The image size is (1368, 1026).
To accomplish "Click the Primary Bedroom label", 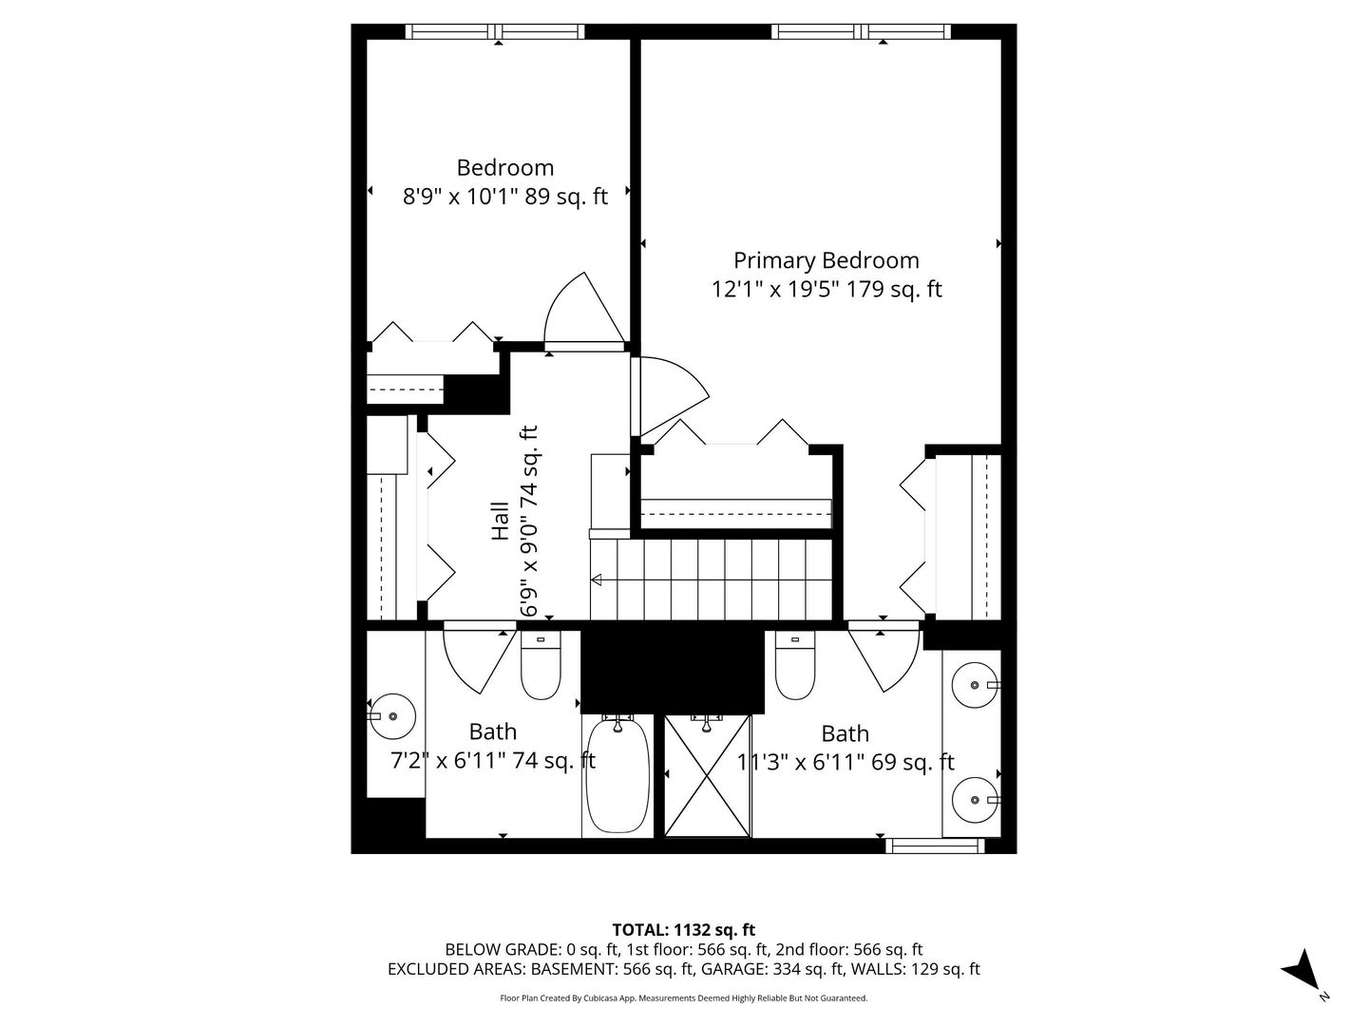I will click(826, 260).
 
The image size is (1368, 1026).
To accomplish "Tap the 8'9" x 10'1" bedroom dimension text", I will click(504, 197).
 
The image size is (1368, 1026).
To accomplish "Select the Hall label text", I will click(500, 522).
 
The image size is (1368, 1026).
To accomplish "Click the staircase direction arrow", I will click(598, 579).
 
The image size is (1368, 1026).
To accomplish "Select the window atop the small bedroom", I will click(495, 31).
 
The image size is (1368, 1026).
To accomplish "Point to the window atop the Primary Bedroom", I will click(862, 31).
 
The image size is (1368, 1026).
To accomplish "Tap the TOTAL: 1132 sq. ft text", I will click(683, 929).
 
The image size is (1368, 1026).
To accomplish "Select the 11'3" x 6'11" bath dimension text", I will click(845, 762).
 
